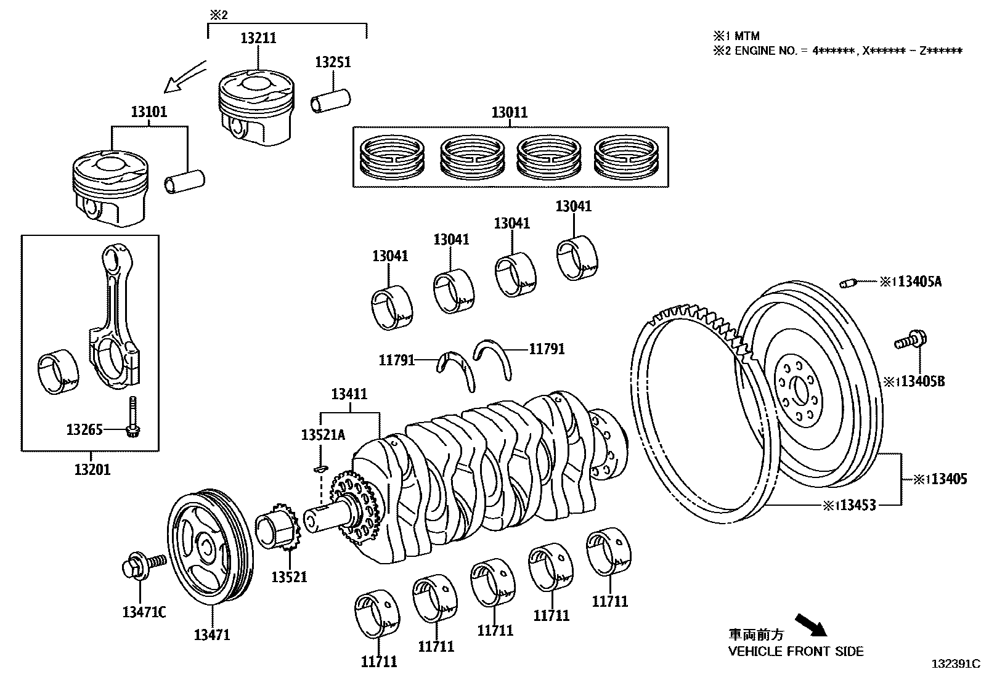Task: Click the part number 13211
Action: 258,38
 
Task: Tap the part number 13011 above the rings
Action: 510,113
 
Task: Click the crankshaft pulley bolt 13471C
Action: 144,564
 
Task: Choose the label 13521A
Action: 323,435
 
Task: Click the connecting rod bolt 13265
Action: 132,425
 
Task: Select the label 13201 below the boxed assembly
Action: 92,469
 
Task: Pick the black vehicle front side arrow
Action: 810,623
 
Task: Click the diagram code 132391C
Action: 955,664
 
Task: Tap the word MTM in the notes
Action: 747,37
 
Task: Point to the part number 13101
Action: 149,112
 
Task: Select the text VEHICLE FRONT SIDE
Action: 796,651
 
